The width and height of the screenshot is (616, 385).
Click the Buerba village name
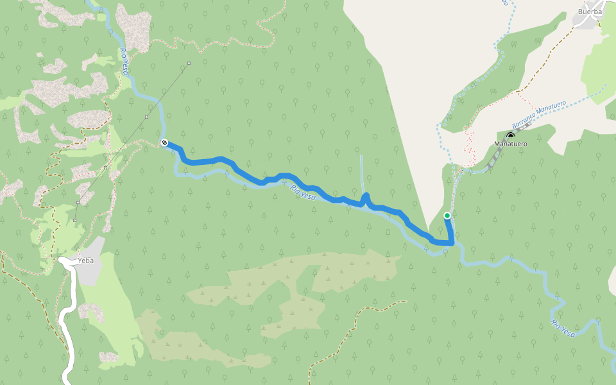pos(590,12)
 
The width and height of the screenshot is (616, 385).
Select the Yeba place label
pos(85,261)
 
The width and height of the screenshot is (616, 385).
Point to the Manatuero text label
pos(511,144)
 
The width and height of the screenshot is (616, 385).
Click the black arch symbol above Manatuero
pos(511,135)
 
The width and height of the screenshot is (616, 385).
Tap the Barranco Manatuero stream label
pos(539,115)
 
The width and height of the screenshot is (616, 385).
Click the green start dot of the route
pos(447,216)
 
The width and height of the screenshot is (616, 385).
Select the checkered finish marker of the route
pos(164,142)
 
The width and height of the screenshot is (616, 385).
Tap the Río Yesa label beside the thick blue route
pos(303,192)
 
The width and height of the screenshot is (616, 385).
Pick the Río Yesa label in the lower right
pos(563,328)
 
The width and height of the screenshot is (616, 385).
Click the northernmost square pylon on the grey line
pos(189,63)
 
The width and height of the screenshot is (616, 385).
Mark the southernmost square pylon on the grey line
pos(74,221)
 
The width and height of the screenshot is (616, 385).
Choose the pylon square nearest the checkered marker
pos(147,117)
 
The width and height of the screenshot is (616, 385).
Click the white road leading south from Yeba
pos(68,321)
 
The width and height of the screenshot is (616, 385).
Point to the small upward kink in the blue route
pos(366,196)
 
